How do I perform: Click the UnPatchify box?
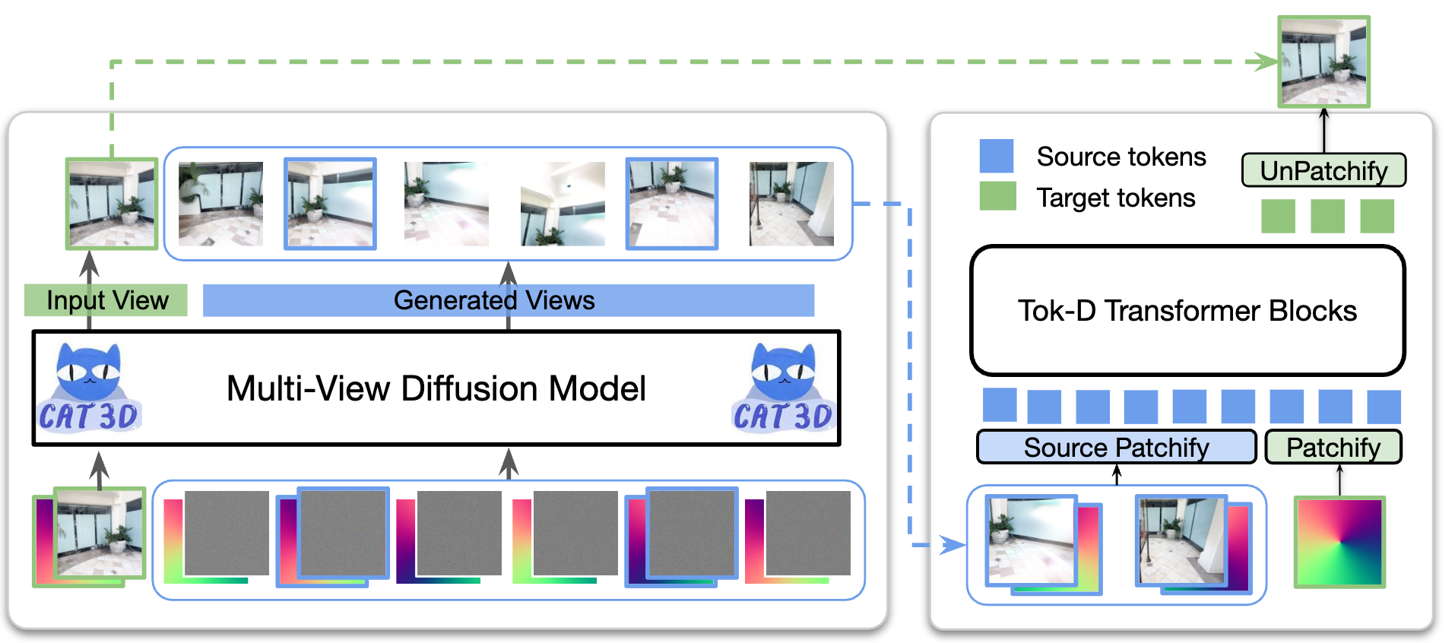pyautogui.click(x=1323, y=170)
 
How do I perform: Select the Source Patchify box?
pyautogui.click(x=1116, y=447)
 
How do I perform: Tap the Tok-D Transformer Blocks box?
pyautogui.click(x=1187, y=310)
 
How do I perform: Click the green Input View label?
pyautogui.click(x=106, y=300)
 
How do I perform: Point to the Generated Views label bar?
pyautogui.click(x=508, y=300)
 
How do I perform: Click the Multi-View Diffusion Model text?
pyautogui.click(x=436, y=388)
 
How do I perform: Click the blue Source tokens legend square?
pyautogui.click(x=996, y=156)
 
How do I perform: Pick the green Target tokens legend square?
pyautogui.click(x=997, y=196)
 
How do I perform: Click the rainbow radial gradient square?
pyautogui.click(x=1339, y=542)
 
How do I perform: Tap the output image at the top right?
pyautogui.click(x=1323, y=62)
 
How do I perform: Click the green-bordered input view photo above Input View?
pyautogui.click(x=112, y=204)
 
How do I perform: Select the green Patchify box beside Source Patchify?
pyautogui.click(x=1333, y=447)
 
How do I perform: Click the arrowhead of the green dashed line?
pyautogui.click(x=1267, y=62)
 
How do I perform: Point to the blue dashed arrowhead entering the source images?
pyautogui.click(x=953, y=545)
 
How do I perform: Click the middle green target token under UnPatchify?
pyautogui.click(x=1327, y=216)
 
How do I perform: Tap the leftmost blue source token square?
pyautogui.click(x=999, y=405)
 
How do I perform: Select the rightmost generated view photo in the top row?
pyautogui.click(x=791, y=204)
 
